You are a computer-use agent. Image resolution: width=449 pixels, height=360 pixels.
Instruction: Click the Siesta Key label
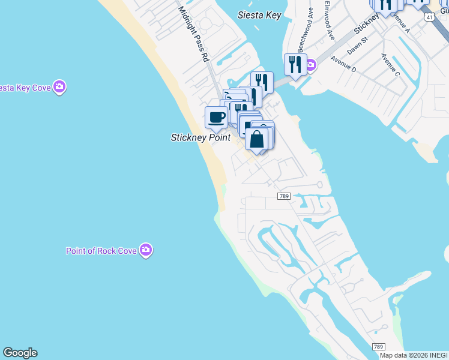point(259,15)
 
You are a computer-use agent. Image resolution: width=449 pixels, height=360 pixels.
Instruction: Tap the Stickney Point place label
point(200,137)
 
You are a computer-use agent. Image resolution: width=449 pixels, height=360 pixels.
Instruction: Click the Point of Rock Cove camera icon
point(146,250)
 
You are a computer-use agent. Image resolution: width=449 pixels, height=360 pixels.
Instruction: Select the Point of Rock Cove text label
point(101,251)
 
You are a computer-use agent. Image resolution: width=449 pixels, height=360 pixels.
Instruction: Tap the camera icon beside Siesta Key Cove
point(59,88)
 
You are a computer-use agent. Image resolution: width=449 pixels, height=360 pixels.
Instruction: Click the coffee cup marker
point(216,116)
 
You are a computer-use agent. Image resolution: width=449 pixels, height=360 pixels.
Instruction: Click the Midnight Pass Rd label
point(193,34)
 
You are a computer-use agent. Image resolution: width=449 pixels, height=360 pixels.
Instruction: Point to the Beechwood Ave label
point(304,29)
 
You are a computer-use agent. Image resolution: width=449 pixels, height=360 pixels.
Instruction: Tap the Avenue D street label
point(343,65)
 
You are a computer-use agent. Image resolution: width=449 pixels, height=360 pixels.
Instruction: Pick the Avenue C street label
point(390,65)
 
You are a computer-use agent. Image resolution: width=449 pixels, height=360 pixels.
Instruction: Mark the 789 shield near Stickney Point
point(285,196)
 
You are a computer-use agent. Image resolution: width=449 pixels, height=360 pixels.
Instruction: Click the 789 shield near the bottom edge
point(378,347)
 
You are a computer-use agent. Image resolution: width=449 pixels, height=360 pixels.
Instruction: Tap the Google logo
point(20,353)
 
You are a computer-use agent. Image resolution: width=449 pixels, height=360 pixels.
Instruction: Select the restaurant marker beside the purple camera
point(295,64)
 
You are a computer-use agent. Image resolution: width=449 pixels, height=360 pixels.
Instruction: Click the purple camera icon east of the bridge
point(310,65)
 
